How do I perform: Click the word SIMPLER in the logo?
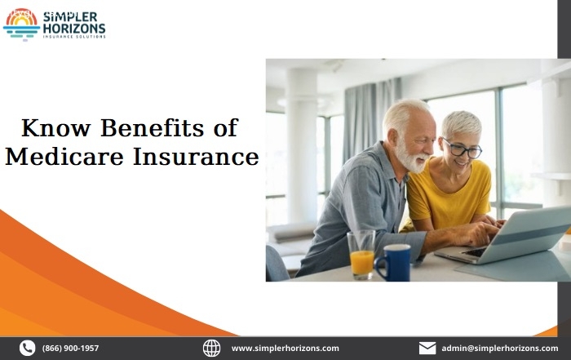point(70,17)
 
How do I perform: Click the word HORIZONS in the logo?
point(74,29)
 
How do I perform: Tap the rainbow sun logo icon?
point(21,24)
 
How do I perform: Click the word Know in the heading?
point(55,128)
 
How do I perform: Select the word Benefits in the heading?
point(152,128)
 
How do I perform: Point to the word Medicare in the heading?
point(64,157)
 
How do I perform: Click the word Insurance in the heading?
point(196,157)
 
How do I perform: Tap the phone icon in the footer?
point(27,348)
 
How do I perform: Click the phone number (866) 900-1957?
point(70,349)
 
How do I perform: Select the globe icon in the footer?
point(211,348)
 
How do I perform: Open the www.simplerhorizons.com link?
point(285,349)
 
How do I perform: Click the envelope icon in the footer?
point(427,348)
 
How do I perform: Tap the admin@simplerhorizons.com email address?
point(499,349)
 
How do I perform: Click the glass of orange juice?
point(361,255)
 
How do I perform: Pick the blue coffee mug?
point(393,263)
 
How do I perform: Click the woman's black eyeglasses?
point(462,149)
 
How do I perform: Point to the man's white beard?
point(411,158)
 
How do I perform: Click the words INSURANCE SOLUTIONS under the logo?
point(74,37)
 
